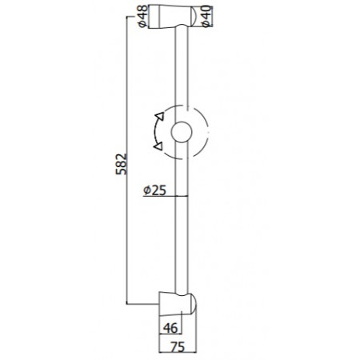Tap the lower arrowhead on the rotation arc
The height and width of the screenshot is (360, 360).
[158, 146]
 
